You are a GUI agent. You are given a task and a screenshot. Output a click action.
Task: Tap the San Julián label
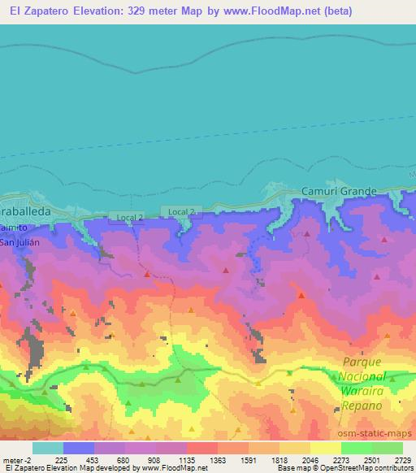18,241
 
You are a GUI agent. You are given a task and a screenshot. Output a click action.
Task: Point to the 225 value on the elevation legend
61,459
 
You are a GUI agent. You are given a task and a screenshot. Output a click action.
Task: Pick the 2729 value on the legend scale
401,459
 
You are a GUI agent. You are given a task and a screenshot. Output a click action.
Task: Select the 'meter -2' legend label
16,459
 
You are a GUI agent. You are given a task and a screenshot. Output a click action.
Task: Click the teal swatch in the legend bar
48,448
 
